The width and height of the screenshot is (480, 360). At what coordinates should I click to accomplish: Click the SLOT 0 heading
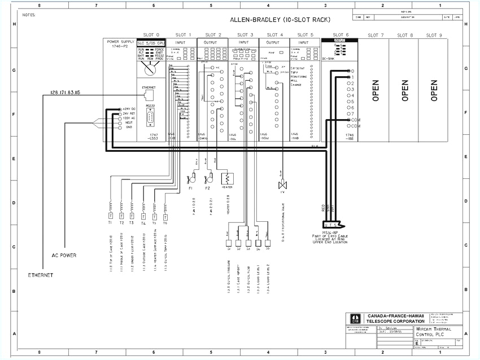(x=151, y=35)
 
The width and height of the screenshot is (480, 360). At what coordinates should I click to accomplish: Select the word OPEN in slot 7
(x=376, y=90)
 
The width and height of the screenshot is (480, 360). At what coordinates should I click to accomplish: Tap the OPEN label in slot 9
(x=434, y=90)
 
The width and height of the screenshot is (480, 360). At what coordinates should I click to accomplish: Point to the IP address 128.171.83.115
(x=65, y=92)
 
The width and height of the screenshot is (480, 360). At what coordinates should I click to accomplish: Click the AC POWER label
(x=64, y=255)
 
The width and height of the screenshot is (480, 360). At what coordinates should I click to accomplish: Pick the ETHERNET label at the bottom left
(x=40, y=275)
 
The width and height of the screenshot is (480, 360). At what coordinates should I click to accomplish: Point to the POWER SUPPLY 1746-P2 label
(x=119, y=44)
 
